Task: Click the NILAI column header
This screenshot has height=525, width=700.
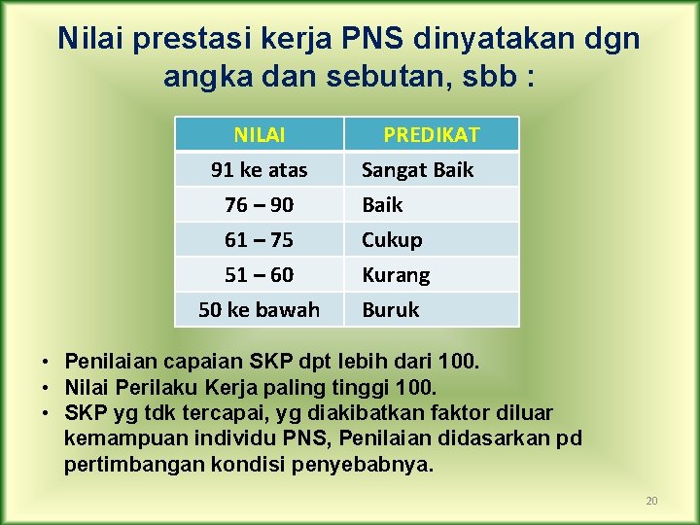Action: coord(259,134)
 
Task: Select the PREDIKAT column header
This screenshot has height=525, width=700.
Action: coord(431,134)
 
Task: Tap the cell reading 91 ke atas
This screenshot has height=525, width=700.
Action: coord(259,169)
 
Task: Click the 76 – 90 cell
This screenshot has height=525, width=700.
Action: coord(259,204)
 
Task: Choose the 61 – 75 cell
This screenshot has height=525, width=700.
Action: coord(259,239)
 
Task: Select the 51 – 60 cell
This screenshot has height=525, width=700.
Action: coord(259,274)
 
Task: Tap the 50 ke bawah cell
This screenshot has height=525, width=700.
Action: coord(259,309)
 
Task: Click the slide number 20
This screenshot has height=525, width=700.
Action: coord(651,501)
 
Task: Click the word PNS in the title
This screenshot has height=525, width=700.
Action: coord(373,39)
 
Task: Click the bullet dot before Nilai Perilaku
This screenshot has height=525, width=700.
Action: coord(46,388)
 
